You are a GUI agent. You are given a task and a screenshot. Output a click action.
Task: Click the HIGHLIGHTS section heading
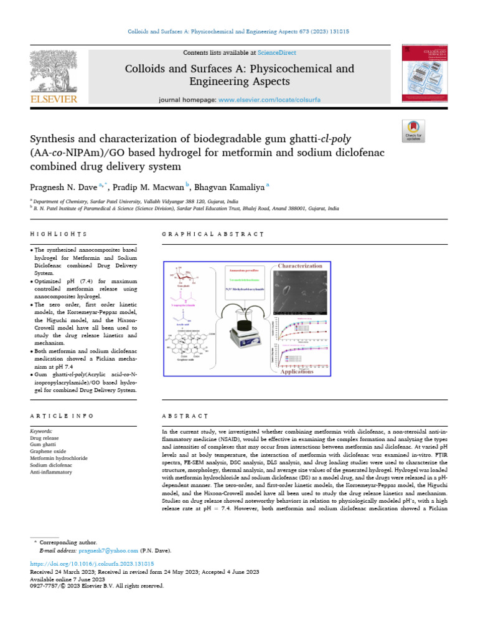pos(59,234)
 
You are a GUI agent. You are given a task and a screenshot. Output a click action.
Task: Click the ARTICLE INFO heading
pos(62,416)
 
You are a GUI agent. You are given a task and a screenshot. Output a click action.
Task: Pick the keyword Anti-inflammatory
pos(52,472)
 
